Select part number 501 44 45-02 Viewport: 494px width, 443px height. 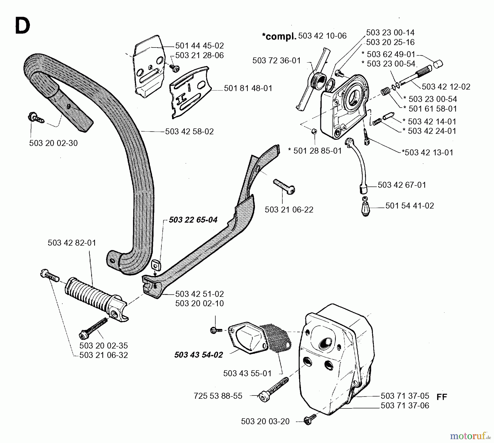(199, 46)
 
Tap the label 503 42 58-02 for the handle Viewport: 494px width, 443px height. (189, 132)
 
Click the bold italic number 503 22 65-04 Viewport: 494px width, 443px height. (193, 220)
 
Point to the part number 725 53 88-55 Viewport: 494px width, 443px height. (218, 396)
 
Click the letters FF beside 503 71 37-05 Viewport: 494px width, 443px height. (442, 397)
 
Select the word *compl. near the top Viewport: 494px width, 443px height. (279, 36)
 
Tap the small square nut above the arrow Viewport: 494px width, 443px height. (156, 265)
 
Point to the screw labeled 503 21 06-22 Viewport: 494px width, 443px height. (284, 186)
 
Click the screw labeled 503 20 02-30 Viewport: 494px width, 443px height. (36, 118)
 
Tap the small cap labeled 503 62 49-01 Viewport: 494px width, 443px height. (438, 64)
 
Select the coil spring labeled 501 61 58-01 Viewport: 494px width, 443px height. (386, 91)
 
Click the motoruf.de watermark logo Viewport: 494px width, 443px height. (470, 436)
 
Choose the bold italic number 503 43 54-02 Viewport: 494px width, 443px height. (198, 355)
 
